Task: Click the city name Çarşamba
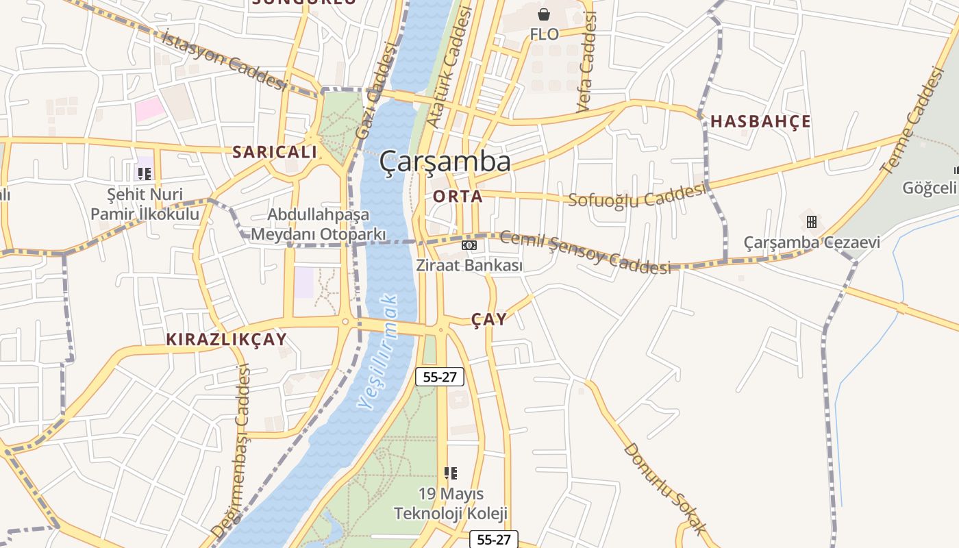coord(445,162)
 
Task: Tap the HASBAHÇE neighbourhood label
coord(760,122)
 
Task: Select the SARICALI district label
coord(275,152)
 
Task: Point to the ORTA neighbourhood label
coord(458,197)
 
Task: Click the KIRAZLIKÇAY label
coord(226,339)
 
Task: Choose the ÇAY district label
coord(489,319)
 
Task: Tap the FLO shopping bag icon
coord(544,14)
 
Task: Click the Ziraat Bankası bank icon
coord(469,245)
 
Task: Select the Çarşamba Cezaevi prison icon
coord(812,222)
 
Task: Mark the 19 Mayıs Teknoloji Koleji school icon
coord(450,473)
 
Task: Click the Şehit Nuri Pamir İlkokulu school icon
coord(144,173)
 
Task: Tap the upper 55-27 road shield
coord(439,376)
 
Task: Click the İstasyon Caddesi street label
coord(224,60)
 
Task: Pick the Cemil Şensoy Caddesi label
coord(586,252)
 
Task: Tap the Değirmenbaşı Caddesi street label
coord(231,452)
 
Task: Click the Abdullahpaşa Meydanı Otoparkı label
coord(319,224)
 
